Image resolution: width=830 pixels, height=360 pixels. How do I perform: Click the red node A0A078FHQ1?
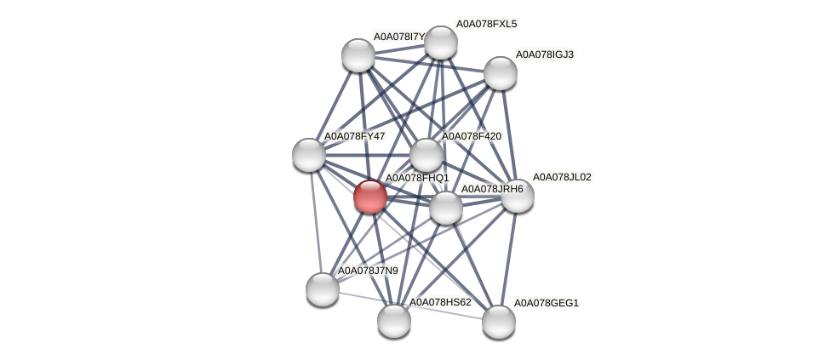point(369,197)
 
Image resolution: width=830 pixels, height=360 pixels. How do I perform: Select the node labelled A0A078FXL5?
point(440,43)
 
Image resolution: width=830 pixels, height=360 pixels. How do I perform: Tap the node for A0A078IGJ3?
point(501,72)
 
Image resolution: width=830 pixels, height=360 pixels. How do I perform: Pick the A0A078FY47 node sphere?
point(309,154)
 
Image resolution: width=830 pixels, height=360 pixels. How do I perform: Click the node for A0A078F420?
point(426,155)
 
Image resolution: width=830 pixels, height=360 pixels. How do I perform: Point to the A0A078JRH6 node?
point(445,207)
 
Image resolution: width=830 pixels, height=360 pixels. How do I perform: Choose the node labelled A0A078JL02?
point(517,196)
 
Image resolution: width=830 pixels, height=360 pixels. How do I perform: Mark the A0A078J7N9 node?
point(323,289)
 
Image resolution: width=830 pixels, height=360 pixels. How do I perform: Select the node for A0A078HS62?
point(394,320)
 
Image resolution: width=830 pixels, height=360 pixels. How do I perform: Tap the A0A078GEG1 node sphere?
point(499,321)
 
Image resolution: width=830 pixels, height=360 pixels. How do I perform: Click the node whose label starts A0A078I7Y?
point(358,55)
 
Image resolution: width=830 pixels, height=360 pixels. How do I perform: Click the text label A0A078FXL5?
point(486,24)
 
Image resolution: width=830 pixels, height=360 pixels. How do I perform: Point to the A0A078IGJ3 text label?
point(545,54)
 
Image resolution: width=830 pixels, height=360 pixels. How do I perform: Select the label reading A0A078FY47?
point(354,136)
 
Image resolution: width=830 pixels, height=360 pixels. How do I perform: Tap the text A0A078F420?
point(471,136)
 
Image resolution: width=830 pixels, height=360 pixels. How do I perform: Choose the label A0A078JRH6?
point(491,189)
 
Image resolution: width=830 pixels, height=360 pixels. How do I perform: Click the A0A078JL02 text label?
point(562,177)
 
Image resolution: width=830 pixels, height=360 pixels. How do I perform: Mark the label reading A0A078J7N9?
point(368,271)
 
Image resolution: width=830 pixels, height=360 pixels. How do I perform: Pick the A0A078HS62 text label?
point(440,302)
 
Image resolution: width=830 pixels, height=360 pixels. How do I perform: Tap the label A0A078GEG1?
point(546,303)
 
